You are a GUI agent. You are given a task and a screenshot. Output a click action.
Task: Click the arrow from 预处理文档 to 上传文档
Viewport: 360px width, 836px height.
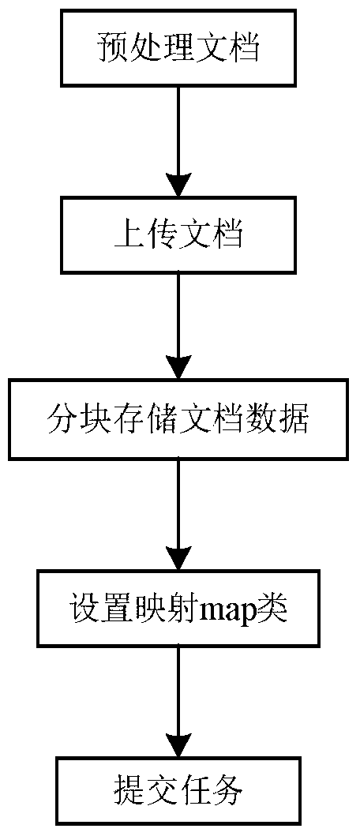tap(178, 142)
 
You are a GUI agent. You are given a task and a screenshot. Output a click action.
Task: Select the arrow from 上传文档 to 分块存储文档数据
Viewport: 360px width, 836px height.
tap(178, 326)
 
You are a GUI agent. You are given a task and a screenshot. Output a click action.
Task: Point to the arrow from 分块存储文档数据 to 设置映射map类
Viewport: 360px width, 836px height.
tap(178, 515)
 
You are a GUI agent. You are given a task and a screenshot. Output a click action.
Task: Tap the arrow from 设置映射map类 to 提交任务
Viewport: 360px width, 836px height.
tap(178, 703)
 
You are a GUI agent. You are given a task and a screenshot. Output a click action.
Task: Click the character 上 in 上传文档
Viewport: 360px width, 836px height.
tap(128, 236)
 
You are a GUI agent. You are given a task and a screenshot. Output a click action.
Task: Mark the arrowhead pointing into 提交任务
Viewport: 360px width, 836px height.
tap(178, 745)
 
